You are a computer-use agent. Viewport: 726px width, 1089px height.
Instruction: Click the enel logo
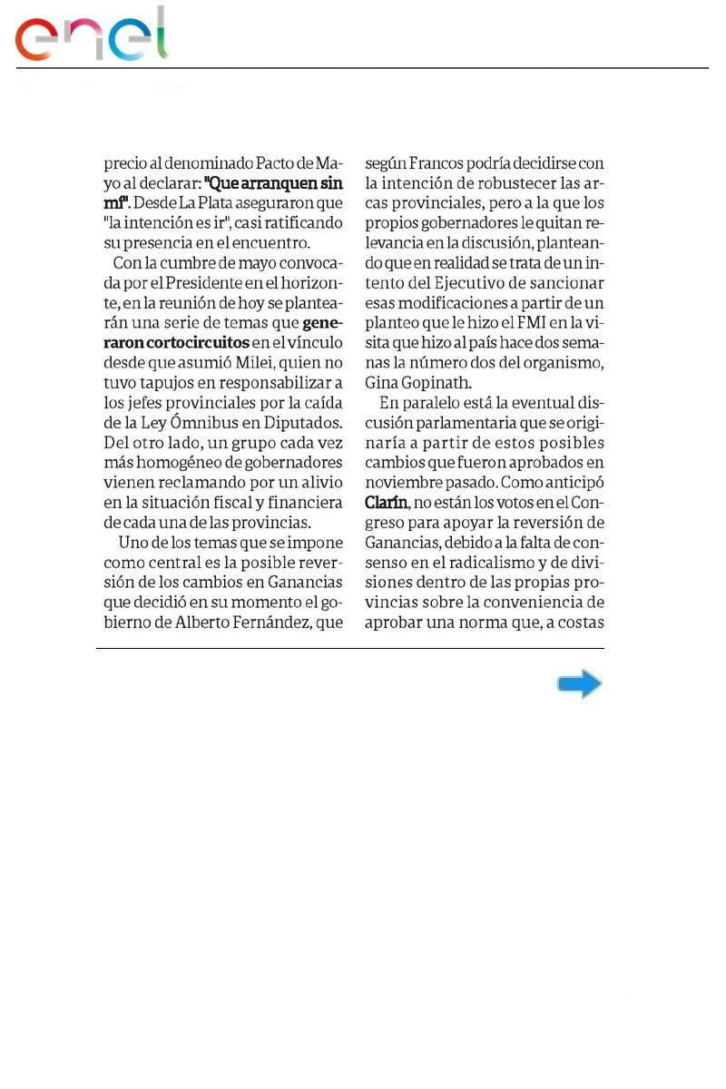(x=91, y=36)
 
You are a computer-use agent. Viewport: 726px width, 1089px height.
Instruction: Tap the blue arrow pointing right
(x=580, y=684)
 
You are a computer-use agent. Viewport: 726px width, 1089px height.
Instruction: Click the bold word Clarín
(x=385, y=503)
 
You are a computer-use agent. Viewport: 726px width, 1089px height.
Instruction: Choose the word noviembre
(x=403, y=483)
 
